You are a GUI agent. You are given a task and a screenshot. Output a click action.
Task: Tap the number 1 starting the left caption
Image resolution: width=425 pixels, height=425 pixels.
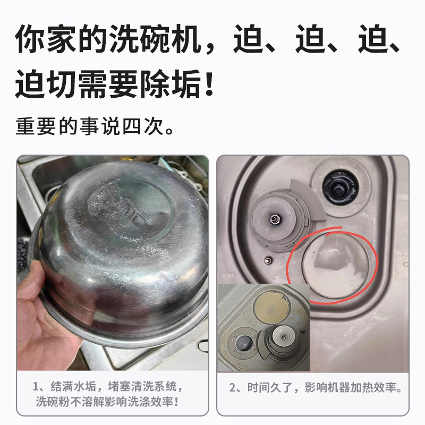(36, 386)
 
